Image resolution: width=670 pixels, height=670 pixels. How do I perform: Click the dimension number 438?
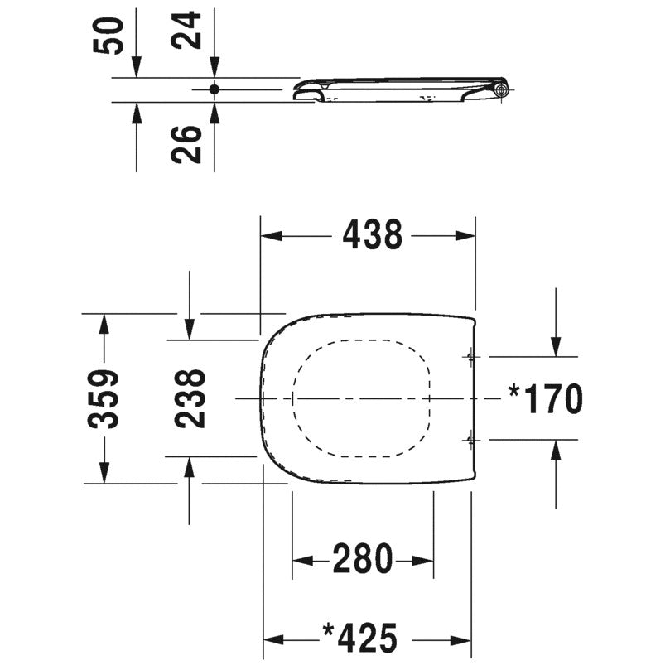372,234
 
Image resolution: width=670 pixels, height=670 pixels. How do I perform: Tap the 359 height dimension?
103,398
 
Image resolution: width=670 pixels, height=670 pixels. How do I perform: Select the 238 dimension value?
190,398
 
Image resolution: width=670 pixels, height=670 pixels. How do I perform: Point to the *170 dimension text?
546,398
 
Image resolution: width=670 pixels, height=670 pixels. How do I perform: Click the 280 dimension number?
363,558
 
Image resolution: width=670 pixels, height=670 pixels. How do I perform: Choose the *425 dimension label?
360,639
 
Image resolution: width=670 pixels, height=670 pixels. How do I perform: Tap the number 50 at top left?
108,36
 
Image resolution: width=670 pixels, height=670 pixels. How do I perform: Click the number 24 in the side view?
186,30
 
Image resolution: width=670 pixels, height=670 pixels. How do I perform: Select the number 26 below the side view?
186,145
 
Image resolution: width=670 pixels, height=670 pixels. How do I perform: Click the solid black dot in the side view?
214,89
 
